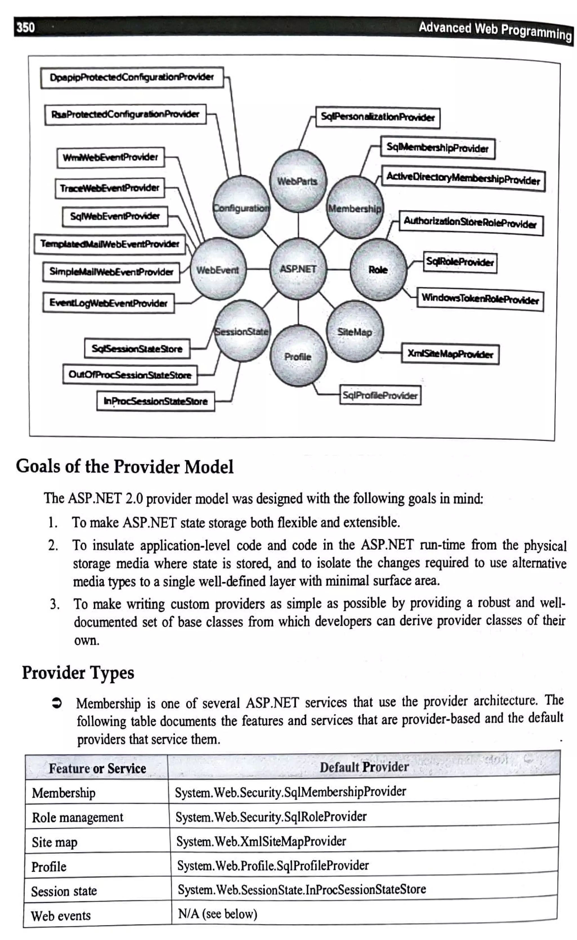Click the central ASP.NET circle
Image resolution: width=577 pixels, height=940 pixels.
tap(298, 269)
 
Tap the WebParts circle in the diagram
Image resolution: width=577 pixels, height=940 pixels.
tap(298, 181)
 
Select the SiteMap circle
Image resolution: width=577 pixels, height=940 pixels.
tap(354, 331)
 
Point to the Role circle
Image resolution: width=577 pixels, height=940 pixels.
tap(378, 269)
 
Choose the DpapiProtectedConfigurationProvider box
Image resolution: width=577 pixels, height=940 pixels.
tap(132, 77)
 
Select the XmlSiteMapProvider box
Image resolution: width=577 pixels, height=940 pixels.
tap(450, 354)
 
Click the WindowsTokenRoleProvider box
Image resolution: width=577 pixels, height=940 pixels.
tap(480, 299)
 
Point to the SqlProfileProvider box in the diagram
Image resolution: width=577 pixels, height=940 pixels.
tap(380, 395)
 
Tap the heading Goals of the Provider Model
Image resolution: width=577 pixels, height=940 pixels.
tap(125, 466)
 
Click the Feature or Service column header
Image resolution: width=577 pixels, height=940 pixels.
tap(97, 768)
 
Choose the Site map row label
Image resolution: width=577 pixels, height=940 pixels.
tap(55, 842)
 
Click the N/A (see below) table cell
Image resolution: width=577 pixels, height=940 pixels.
tap(218, 914)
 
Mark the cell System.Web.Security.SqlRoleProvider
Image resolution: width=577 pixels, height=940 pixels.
tap(271, 816)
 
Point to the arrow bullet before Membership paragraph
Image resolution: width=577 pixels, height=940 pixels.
tap(56, 703)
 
